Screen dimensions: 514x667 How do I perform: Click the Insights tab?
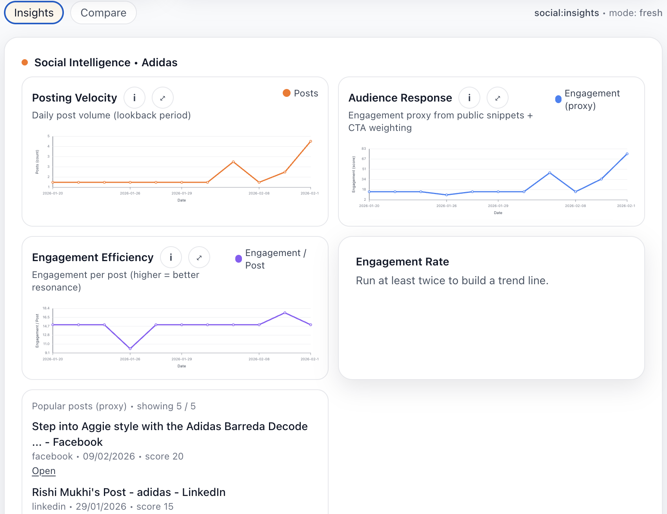[34, 13]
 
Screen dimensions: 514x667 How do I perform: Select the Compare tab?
[104, 13]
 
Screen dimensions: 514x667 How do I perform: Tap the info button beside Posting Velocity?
[134, 98]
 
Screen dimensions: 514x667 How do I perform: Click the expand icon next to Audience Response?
[497, 98]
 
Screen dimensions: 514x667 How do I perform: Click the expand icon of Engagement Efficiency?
[199, 257]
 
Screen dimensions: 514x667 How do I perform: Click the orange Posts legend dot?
[287, 93]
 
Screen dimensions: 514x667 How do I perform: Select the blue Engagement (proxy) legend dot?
[558, 99]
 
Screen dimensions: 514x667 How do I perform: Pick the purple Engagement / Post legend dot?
[238, 259]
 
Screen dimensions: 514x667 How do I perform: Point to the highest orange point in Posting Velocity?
[311, 141]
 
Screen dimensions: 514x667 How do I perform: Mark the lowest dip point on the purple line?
[130, 349]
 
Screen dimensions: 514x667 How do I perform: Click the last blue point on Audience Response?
[627, 154]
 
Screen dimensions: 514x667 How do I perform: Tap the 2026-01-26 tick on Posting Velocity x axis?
[130, 193]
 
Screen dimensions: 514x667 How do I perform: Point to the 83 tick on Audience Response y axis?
[364, 149]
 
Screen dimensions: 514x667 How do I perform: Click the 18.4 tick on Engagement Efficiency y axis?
[46, 308]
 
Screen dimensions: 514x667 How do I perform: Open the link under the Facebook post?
[44, 471]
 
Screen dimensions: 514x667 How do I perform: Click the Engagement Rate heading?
[402, 262]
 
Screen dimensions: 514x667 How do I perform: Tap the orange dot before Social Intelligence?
[25, 62]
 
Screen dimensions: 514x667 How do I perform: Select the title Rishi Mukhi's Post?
[129, 492]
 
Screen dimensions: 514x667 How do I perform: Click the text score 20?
[164, 456]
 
